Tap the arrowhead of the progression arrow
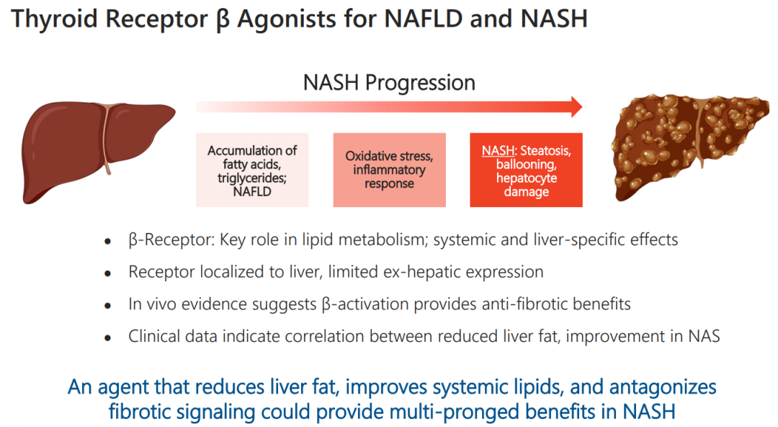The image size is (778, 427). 576,107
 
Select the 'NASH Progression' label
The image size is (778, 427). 389,82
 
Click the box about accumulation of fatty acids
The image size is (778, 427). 252,170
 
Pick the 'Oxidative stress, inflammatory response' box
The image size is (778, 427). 390,170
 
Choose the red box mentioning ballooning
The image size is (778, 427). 527,170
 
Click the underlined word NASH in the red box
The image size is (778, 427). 498,151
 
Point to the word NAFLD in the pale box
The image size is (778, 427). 252,191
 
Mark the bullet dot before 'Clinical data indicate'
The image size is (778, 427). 107,338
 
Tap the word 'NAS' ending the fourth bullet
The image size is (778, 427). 704,336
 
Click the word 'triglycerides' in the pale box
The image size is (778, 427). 251,178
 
